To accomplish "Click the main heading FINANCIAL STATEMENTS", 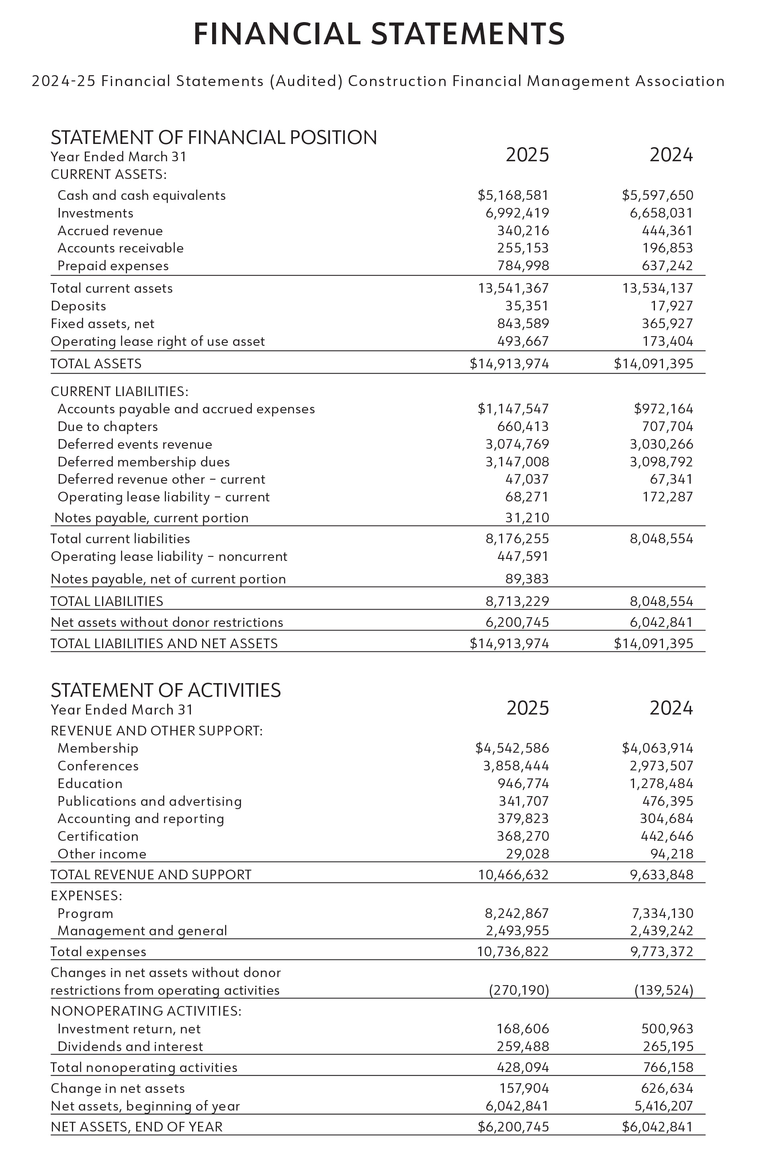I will tap(379, 34).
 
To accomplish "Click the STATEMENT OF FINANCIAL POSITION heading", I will tap(213, 138).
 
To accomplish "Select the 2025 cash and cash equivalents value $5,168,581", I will tap(513, 195).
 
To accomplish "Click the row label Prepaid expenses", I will tap(113, 266).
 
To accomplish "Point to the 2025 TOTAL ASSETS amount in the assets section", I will tap(509, 363).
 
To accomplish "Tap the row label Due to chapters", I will tap(108, 427).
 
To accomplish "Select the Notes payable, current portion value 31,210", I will tap(527, 517).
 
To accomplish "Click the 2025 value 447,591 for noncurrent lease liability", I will tap(523, 556).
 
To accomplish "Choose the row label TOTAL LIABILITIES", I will tap(107, 601).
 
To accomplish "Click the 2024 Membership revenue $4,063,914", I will tap(657, 748).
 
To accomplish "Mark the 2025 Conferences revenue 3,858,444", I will tap(516, 766).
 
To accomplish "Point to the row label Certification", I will tap(98, 836).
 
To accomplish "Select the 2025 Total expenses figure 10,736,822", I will tap(512, 951).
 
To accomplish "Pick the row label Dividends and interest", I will tap(130, 1047).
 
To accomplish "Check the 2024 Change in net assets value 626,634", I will tap(667, 1088).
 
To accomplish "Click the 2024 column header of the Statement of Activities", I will tap(671, 708).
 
